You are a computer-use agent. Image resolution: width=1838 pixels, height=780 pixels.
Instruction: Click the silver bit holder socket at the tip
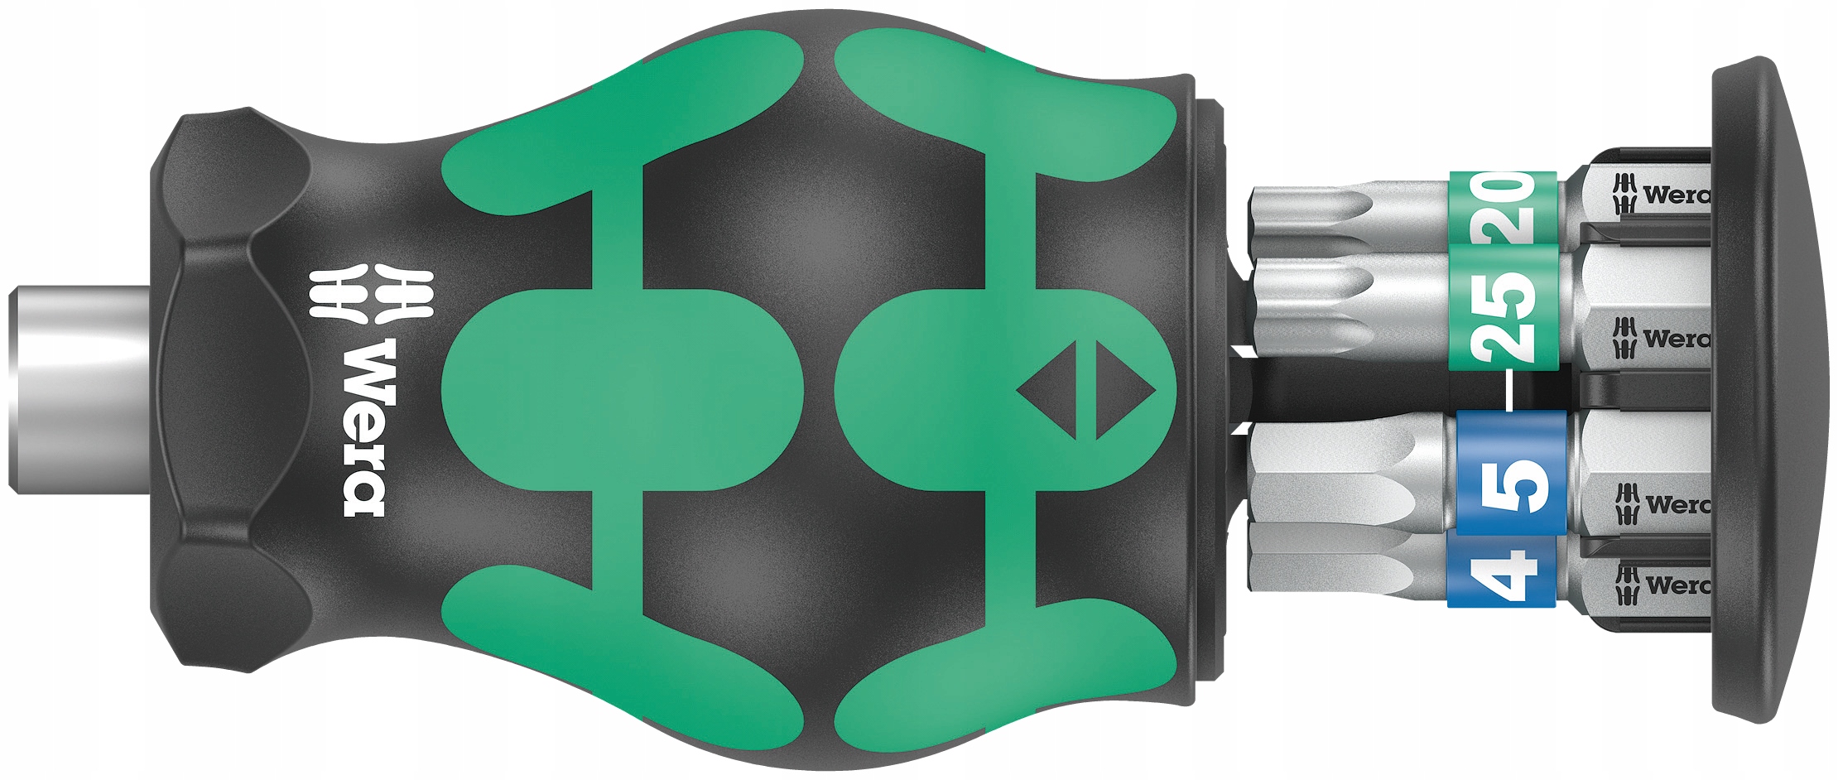click(x=79, y=389)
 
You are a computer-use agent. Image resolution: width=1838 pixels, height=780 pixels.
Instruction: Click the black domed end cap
click(x=1763, y=389)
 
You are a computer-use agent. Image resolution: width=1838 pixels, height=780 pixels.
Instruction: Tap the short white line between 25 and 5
click(x=1508, y=390)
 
